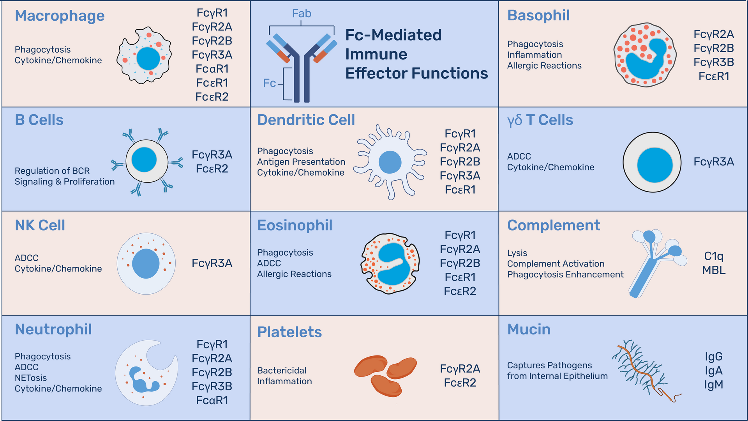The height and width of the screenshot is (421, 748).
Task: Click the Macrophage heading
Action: [60, 16]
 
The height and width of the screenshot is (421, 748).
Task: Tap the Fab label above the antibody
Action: [302, 14]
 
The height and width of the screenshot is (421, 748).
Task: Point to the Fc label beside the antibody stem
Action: [270, 83]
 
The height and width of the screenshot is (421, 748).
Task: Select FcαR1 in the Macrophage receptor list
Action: [212, 69]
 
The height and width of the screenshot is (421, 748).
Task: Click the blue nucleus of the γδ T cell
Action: [655, 165]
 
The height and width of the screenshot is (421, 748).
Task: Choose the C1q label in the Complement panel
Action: [714, 256]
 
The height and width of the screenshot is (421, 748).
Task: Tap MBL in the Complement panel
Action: [714, 270]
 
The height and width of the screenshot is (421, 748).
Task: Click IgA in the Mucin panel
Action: [714, 371]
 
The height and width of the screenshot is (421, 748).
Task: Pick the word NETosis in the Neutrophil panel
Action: [31, 378]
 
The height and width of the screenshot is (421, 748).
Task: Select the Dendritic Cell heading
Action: [306, 120]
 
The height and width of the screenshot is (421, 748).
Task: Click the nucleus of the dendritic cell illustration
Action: [390, 162]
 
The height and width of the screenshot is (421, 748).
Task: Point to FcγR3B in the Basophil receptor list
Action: [714, 62]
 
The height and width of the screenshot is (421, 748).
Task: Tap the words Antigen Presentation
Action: [301, 162]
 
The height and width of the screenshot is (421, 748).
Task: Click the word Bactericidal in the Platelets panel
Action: [282, 371]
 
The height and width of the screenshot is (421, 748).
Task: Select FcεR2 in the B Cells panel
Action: [212, 169]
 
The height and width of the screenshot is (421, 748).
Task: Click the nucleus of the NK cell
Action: [146, 264]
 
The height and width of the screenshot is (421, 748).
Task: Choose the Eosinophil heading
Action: [295, 226]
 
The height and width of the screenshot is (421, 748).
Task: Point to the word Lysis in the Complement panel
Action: [517, 254]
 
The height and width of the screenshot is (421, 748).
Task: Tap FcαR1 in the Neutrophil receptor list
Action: [212, 401]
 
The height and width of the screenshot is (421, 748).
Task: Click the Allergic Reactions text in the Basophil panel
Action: [544, 66]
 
